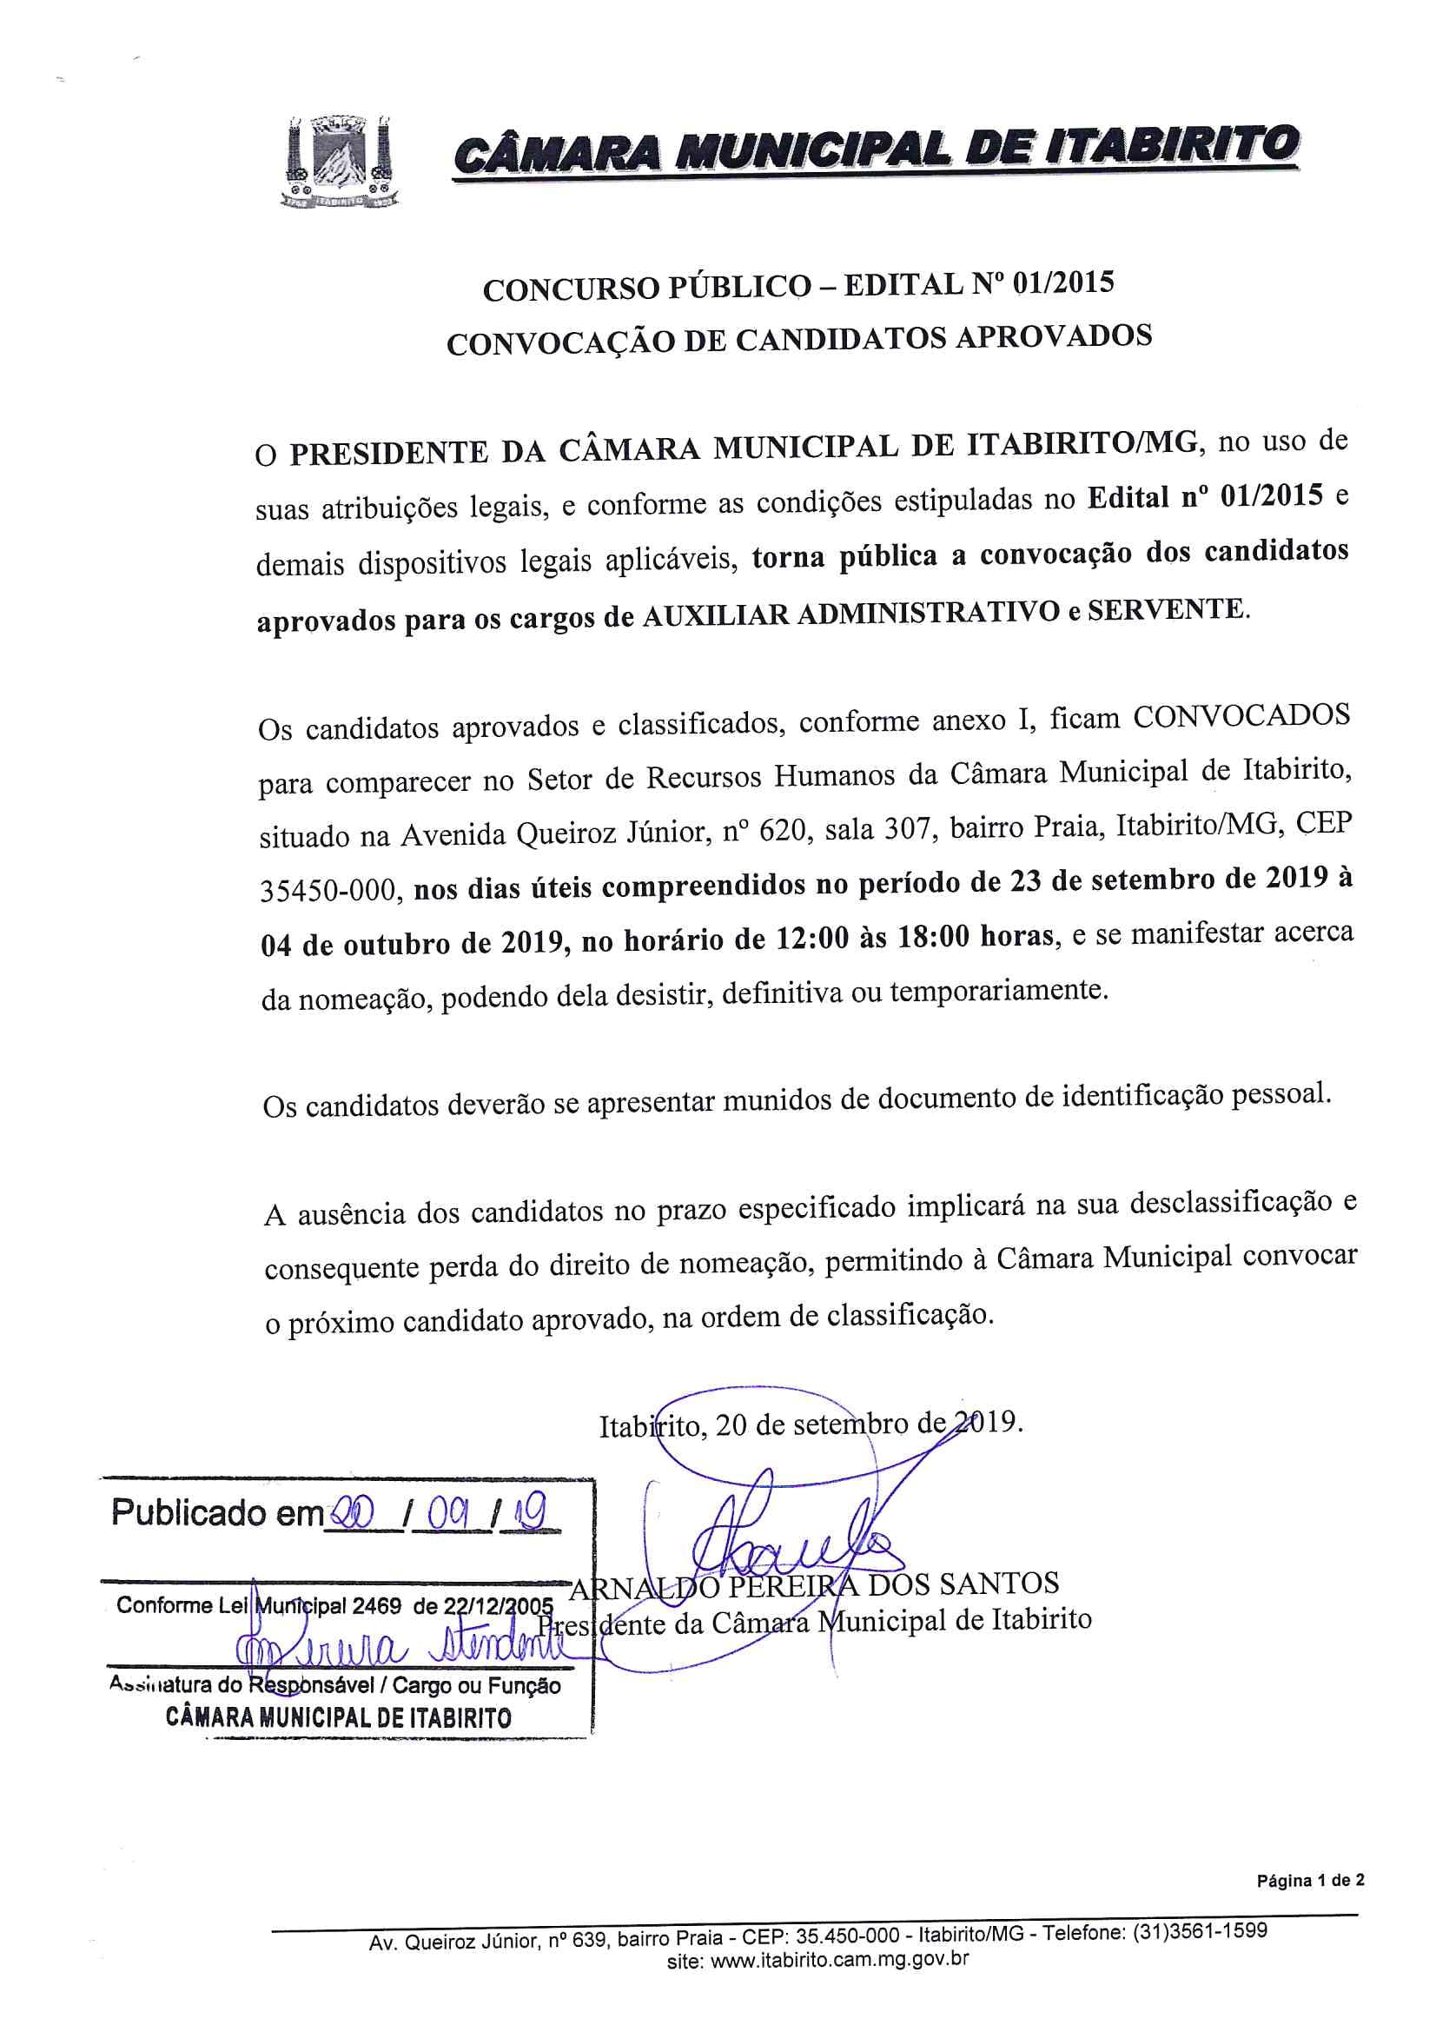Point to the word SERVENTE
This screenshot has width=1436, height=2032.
(1165, 610)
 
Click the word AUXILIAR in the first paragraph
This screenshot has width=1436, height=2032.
(714, 615)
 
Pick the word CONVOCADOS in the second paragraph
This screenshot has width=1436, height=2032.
(1241, 715)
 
